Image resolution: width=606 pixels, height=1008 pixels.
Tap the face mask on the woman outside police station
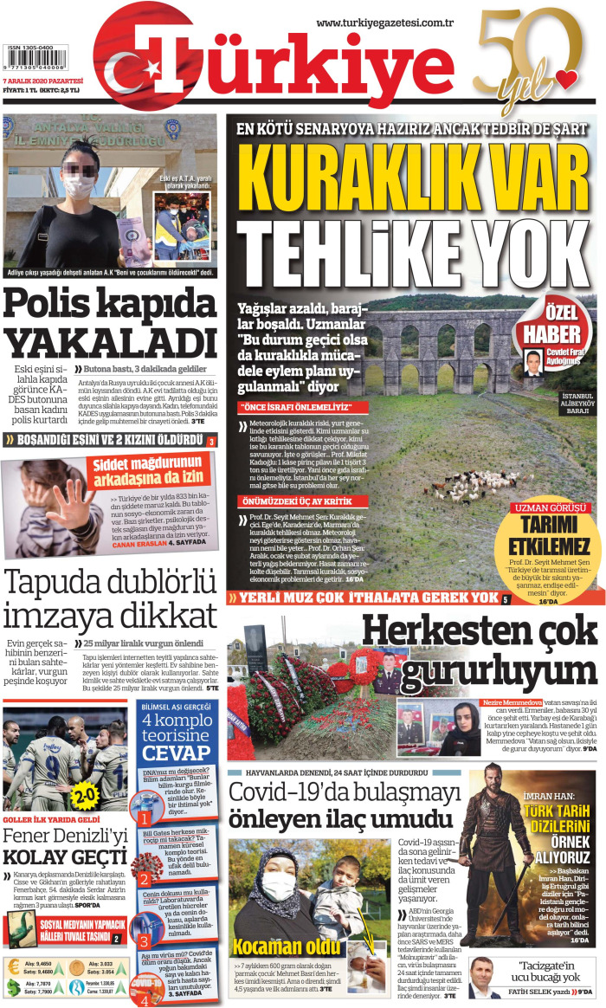point(78,184)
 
